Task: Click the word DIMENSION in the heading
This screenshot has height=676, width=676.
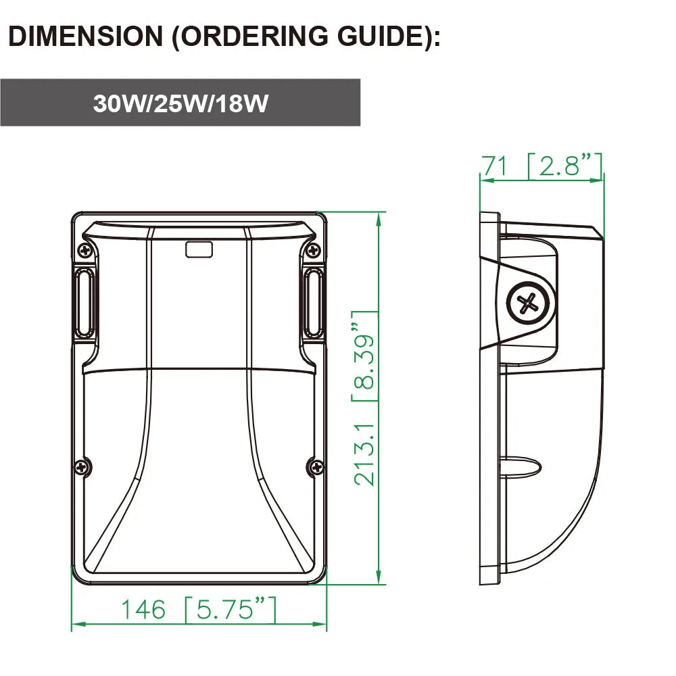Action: pyautogui.click(x=85, y=36)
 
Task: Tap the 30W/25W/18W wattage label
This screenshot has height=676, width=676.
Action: pyautogui.click(x=180, y=103)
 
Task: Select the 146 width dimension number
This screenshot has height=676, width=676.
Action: pyautogui.click(x=143, y=609)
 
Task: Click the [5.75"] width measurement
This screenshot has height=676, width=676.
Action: pyautogui.click(x=231, y=610)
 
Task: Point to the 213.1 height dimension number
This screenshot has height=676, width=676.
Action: pyautogui.click(x=365, y=454)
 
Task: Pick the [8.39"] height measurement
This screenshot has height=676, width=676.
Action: pyautogui.click(x=365, y=356)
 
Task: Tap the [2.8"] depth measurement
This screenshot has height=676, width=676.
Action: pyautogui.click(x=564, y=166)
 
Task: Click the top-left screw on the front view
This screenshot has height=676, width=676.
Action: pyautogui.click(x=85, y=249)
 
